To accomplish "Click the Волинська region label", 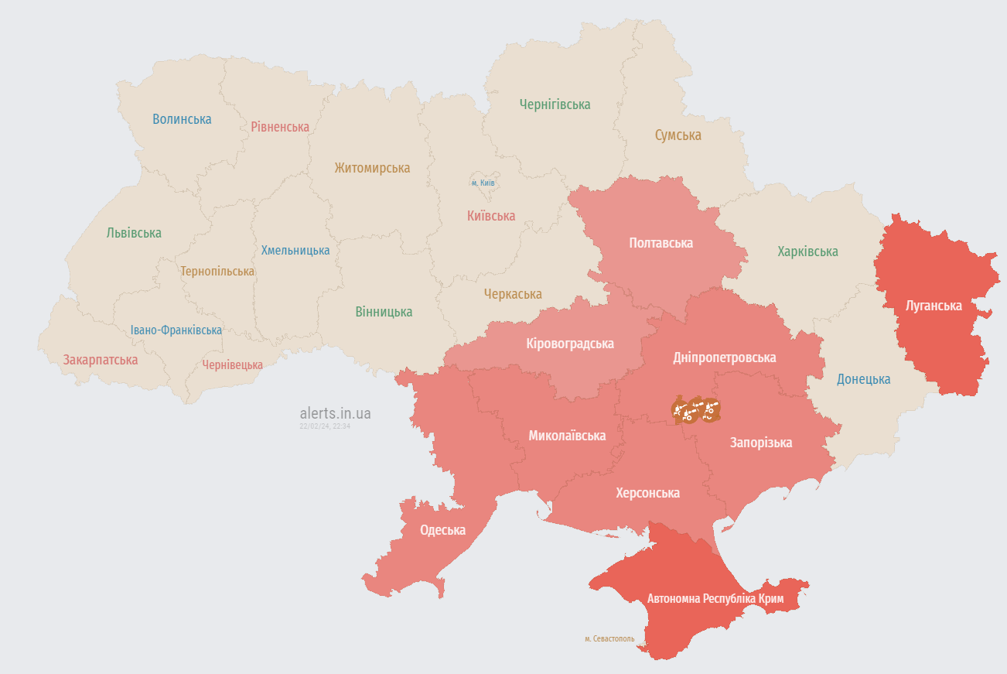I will pos(182,119).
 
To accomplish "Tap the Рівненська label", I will pos(280,127).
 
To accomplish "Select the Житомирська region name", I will pos(372,168).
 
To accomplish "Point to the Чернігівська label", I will pos(555,104).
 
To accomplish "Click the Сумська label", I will pos(678,135).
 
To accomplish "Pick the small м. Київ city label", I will pos(483,183).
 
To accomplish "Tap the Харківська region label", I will pos(807,251).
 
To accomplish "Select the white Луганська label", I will pos(934,306).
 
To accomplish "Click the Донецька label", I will pos(863,379).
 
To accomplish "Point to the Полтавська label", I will pos(661,243).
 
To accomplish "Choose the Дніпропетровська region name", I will pos(724,358).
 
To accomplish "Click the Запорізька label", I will pos(761,443).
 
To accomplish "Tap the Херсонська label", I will pos(647,493).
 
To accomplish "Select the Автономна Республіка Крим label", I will pos(715,599).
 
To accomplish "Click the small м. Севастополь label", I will pos(609,639).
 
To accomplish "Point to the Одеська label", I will pos(442,530).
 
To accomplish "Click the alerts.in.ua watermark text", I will pos(335,413).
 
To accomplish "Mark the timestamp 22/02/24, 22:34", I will pos(325,426).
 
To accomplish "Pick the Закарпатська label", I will pos(101,360).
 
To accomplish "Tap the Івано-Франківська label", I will pos(176,330).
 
